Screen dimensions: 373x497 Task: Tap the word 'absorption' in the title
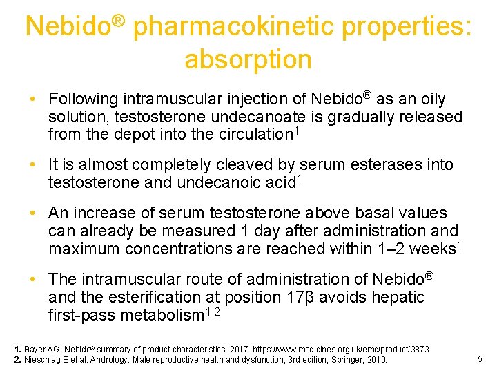[x=248, y=59]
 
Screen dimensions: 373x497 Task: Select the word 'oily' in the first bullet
[x=430, y=99]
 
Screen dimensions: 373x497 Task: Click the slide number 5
[x=480, y=358]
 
